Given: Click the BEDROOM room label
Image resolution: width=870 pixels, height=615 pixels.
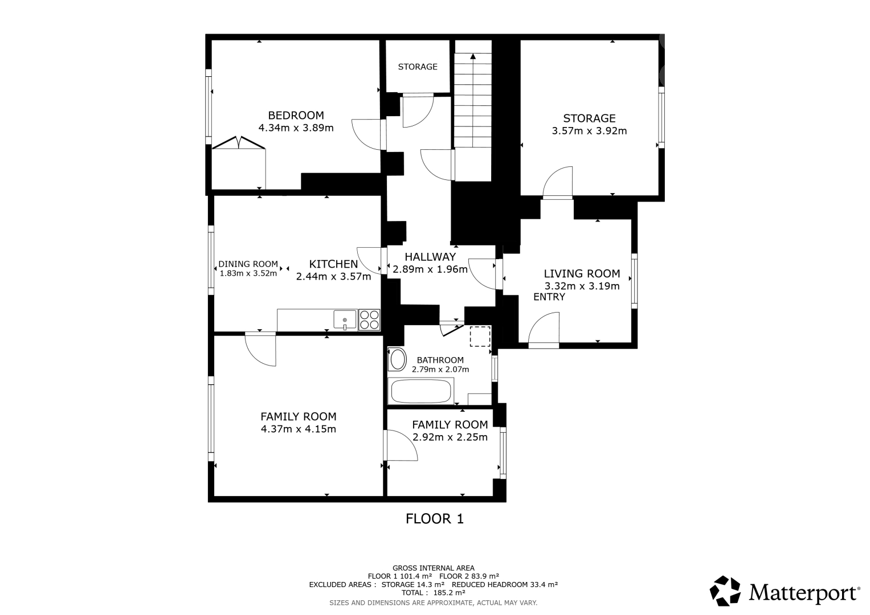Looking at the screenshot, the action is (x=296, y=115).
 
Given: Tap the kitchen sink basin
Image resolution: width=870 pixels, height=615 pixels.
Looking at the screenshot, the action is (x=345, y=319).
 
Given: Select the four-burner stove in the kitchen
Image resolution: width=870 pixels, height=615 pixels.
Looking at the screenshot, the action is (x=369, y=319).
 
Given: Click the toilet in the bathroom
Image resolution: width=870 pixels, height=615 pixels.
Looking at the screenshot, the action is (x=397, y=359).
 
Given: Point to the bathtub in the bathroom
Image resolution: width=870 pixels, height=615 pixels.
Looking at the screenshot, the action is (x=421, y=391).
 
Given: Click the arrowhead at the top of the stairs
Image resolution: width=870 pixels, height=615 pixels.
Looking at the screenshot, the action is (x=473, y=56).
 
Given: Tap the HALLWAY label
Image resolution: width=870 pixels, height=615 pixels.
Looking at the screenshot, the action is (x=430, y=257).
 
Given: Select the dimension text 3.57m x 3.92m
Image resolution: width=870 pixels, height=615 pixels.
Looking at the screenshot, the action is (x=589, y=131).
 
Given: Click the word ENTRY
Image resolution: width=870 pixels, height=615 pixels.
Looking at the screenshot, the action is (x=549, y=297).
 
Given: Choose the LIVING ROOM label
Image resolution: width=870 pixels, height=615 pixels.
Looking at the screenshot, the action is (x=582, y=274).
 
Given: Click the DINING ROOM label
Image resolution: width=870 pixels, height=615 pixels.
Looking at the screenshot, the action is (x=248, y=264).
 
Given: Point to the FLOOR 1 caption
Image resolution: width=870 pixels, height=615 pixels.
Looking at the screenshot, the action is (x=435, y=519).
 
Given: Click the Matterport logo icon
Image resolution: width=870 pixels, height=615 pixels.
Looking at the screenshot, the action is (x=725, y=591).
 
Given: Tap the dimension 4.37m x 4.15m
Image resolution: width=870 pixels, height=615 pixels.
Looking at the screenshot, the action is (x=299, y=429).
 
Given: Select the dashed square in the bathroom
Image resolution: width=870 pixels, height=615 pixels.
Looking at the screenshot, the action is (x=480, y=336).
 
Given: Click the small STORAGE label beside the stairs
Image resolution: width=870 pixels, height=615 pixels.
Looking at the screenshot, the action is (x=418, y=67).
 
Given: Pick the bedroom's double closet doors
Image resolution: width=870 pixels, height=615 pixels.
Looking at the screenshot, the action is (x=239, y=142).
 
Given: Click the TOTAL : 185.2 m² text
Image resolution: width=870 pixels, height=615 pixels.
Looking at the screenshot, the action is (x=434, y=592).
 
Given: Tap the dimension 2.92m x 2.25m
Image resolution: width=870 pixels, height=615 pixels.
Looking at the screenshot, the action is (x=450, y=437).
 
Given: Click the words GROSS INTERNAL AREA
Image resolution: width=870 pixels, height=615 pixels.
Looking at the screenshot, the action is (x=434, y=568).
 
